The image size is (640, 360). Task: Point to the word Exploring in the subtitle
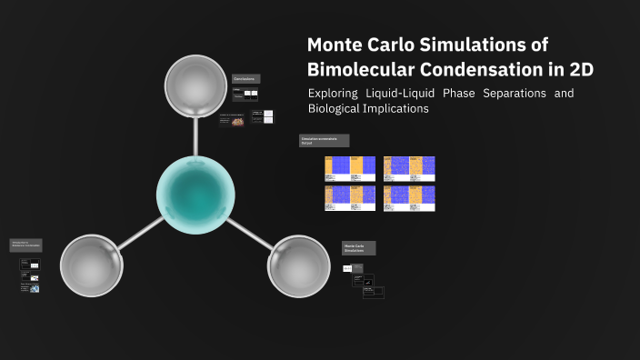coord(332,94)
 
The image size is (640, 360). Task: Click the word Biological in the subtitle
coord(335,109)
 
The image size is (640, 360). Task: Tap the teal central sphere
coord(195,195)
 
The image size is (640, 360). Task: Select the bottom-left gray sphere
coord(91,265)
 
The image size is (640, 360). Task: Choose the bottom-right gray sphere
coord(299,265)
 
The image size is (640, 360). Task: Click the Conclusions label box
coord(245,79)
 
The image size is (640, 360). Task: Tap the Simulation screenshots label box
coord(324,140)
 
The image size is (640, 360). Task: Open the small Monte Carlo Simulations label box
coord(358,247)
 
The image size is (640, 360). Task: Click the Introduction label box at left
coord(25,245)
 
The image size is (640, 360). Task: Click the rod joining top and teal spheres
coord(195,136)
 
